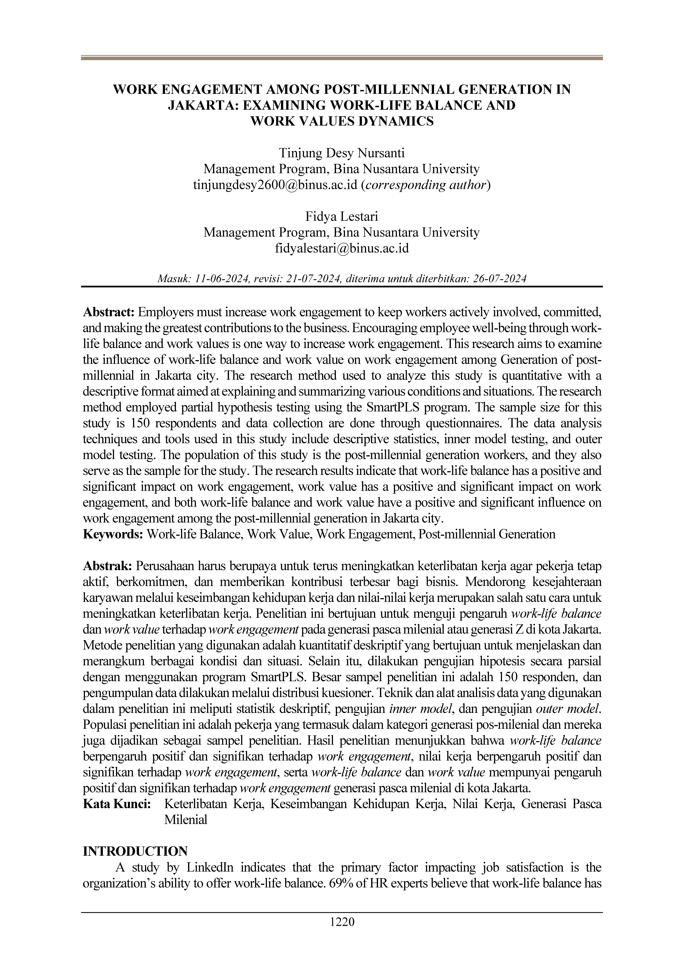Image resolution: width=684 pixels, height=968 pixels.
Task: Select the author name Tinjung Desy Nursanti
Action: [342, 153]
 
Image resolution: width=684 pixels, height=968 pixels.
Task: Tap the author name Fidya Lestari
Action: [342, 216]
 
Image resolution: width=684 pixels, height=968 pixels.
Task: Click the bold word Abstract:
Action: [109, 312]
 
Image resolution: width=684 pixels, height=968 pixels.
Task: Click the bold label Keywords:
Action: [113, 534]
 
